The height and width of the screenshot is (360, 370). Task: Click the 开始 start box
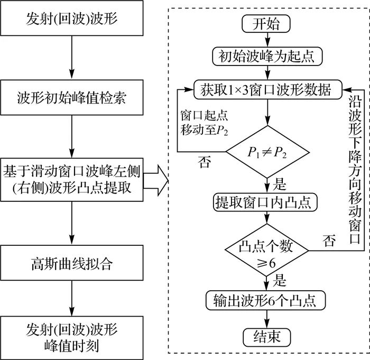[x=268, y=23]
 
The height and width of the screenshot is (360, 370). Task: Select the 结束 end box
[x=268, y=336]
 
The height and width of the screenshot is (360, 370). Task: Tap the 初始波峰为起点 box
[x=268, y=56]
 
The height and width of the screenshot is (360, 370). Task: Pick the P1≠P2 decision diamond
[x=268, y=153]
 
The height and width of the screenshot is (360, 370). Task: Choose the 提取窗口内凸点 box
[x=268, y=201]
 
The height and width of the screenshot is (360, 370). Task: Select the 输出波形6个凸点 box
[x=268, y=300]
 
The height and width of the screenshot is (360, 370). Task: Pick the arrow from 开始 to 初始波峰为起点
[x=268, y=39]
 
